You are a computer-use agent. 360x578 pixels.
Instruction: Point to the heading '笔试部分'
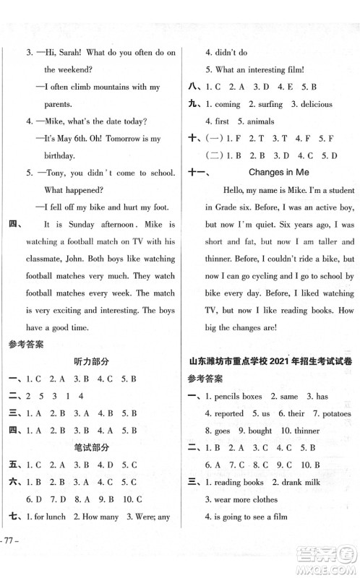point(90,447)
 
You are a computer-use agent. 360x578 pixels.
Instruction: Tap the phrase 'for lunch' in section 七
point(46,517)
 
